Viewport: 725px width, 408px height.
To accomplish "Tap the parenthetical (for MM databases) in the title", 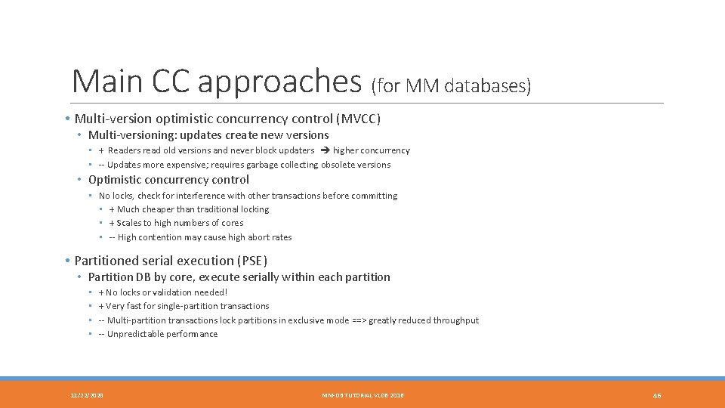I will [451, 86].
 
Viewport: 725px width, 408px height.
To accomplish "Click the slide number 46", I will [657, 395].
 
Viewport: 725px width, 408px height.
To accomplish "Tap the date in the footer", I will [87, 395].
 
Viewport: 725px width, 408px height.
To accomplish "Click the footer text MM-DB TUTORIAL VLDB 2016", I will [362, 395].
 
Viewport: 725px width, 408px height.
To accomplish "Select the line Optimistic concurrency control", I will [168, 180].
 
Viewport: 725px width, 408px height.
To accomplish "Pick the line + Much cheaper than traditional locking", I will [189, 209].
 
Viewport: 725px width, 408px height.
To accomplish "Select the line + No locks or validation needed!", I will [162, 292].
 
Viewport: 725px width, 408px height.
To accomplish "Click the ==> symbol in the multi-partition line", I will [358, 320].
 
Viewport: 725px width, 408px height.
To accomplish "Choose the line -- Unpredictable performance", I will [158, 334].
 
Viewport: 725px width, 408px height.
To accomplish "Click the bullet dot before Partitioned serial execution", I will [67, 261].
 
